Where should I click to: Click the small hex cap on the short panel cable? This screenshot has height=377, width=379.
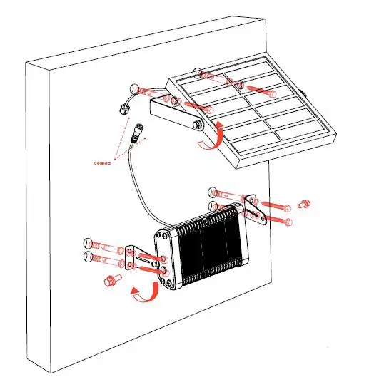123,109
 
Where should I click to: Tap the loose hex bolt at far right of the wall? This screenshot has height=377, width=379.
302,204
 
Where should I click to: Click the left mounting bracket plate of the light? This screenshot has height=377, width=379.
131,258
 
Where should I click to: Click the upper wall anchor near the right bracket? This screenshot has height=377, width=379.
225,192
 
